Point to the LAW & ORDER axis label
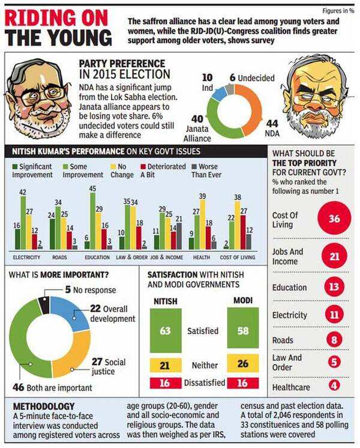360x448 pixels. pyautogui.click(x=132, y=257)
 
